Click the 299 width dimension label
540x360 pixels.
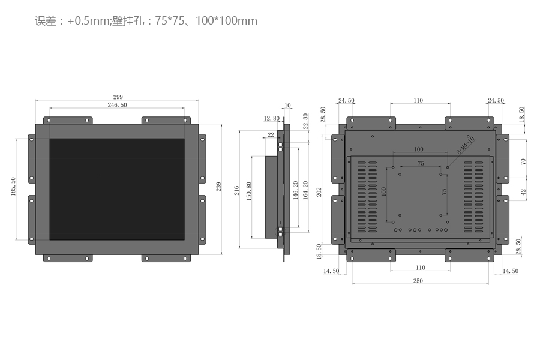118,97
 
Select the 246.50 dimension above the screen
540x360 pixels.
117,105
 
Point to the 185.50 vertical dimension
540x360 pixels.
13,187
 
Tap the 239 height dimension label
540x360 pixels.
218,187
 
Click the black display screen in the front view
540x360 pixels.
117,189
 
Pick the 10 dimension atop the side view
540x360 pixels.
287,106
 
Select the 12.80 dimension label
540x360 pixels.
272,118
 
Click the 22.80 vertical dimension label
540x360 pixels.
305,121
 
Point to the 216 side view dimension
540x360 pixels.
236,191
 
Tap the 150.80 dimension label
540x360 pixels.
248,191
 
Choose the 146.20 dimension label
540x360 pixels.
295,190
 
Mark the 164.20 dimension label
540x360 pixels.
305,190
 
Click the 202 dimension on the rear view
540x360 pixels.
319,192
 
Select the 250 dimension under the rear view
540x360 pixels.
418,281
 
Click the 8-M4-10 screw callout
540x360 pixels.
466,145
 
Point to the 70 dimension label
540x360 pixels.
523,161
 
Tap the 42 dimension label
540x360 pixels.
523,192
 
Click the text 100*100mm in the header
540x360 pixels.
227,20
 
